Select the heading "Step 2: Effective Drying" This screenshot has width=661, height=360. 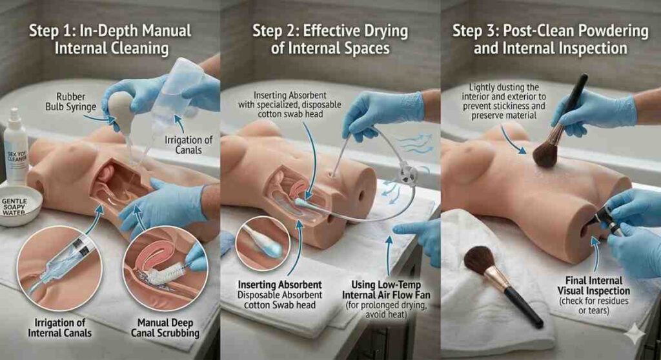point(330,30)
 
